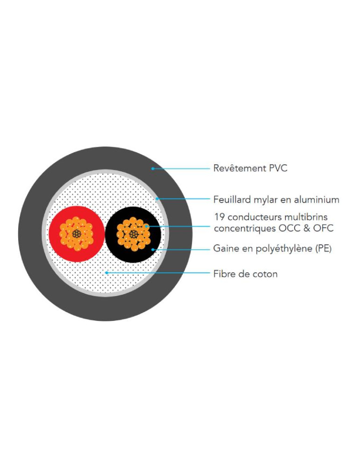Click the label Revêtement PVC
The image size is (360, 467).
(x=250, y=168)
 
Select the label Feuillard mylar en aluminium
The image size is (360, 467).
(x=276, y=199)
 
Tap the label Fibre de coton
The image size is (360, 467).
(x=245, y=274)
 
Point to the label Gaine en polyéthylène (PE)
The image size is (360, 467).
(x=273, y=248)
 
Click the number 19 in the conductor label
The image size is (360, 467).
(x=219, y=217)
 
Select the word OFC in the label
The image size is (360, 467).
(x=324, y=228)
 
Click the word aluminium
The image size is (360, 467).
(x=317, y=199)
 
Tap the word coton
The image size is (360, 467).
(x=265, y=274)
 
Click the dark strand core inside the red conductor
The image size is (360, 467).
(x=77, y=233)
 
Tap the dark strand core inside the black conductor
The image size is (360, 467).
(x=134, y=234)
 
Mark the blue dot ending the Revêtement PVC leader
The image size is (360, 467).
(x=153, y=169)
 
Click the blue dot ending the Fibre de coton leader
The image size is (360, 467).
(x=106, y=273)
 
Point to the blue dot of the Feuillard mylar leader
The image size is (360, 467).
(x=156, y=198)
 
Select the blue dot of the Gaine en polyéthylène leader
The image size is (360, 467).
(x=153, y=249)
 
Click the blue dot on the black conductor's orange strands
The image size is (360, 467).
(x=147, y=226)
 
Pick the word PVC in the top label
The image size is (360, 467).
(x=278, y=168)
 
